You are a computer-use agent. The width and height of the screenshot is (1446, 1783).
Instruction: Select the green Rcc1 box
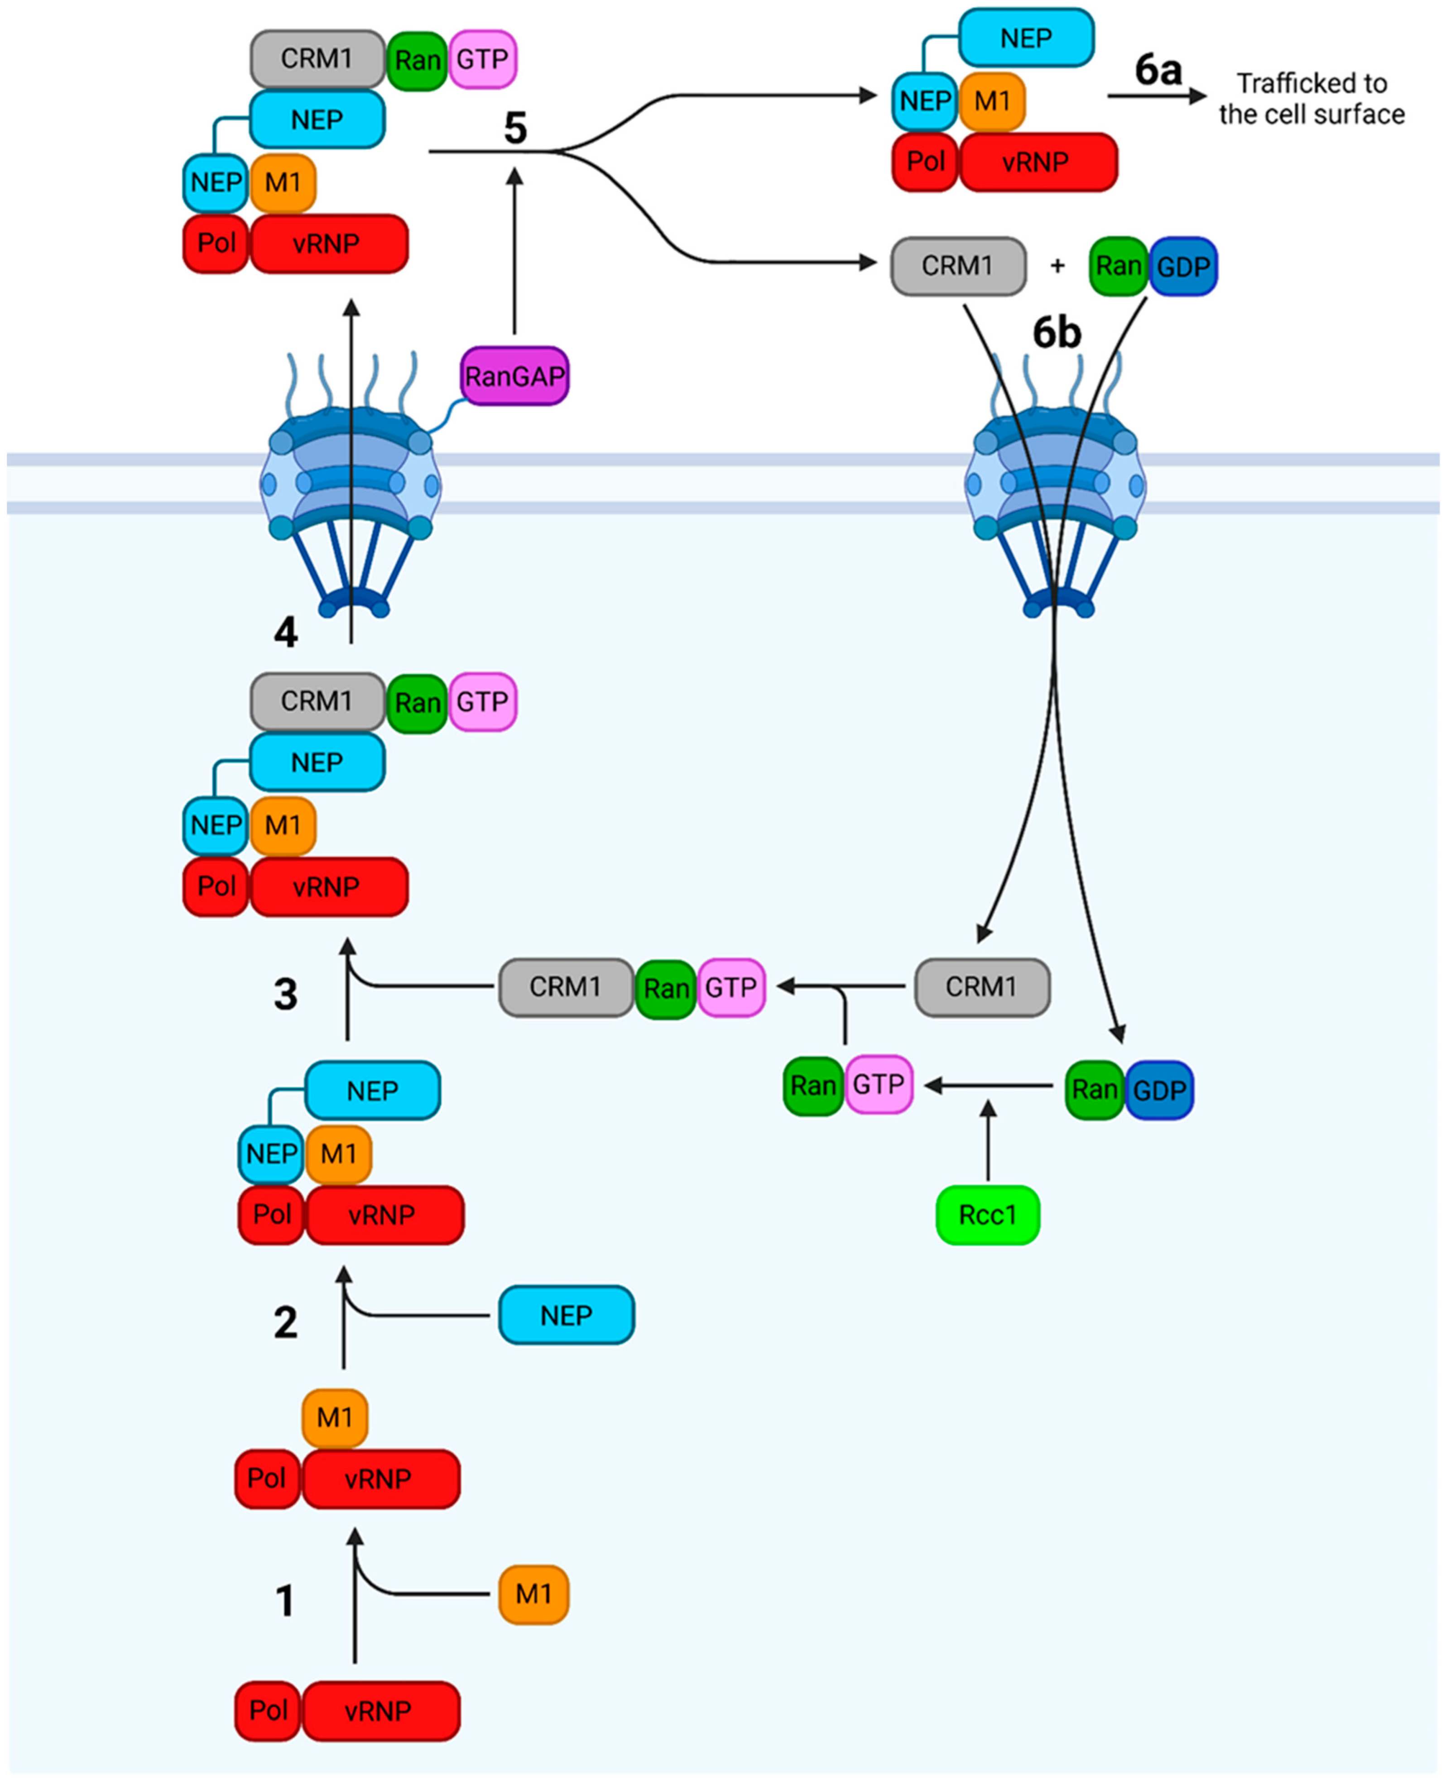pyautogui.click(x=987, y=1215)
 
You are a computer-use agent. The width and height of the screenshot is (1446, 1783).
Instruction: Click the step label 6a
pyautogui.click(x=1158, y=71)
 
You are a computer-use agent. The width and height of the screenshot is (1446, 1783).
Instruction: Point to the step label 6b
pyautogui.click(x=1056, y=333)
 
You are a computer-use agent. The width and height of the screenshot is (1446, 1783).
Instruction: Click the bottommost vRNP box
pyautogui.click(x=380, y=1711)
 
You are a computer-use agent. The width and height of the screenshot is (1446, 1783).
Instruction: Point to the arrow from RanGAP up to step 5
pyautogui.click(x=515, y=250)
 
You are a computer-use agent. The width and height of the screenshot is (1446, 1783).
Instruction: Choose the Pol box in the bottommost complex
pyautogui.click(x=267, y=1711)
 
